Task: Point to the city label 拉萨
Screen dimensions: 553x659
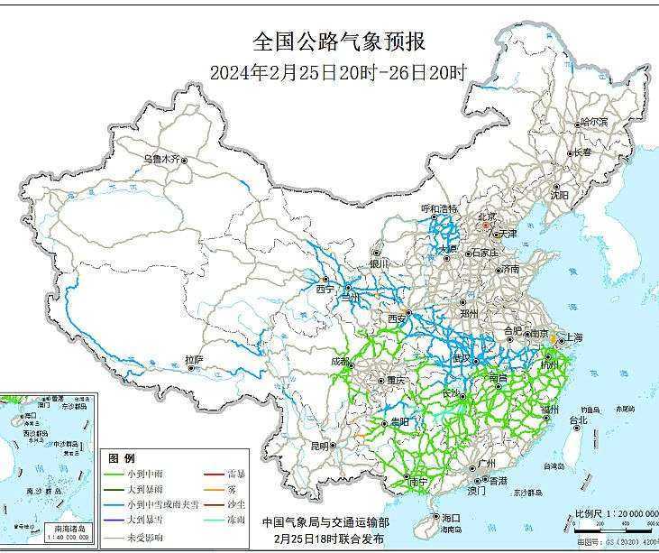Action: tap(195, 359)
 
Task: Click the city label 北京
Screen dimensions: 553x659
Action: tap(487, 217)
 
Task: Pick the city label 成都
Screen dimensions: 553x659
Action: tap(340, 362)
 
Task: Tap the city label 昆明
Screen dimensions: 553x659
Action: tap(319, 446)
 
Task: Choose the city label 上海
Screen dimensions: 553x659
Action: tap(573, 337)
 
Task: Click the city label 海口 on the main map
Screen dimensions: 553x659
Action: tap(451, 517)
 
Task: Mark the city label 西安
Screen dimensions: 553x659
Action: tap(397, 318)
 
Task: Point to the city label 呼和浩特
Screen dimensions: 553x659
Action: tap(439, 208)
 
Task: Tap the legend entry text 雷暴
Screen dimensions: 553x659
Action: tap(237, 473)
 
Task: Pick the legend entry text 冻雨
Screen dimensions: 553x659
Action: tap(237, 521)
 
